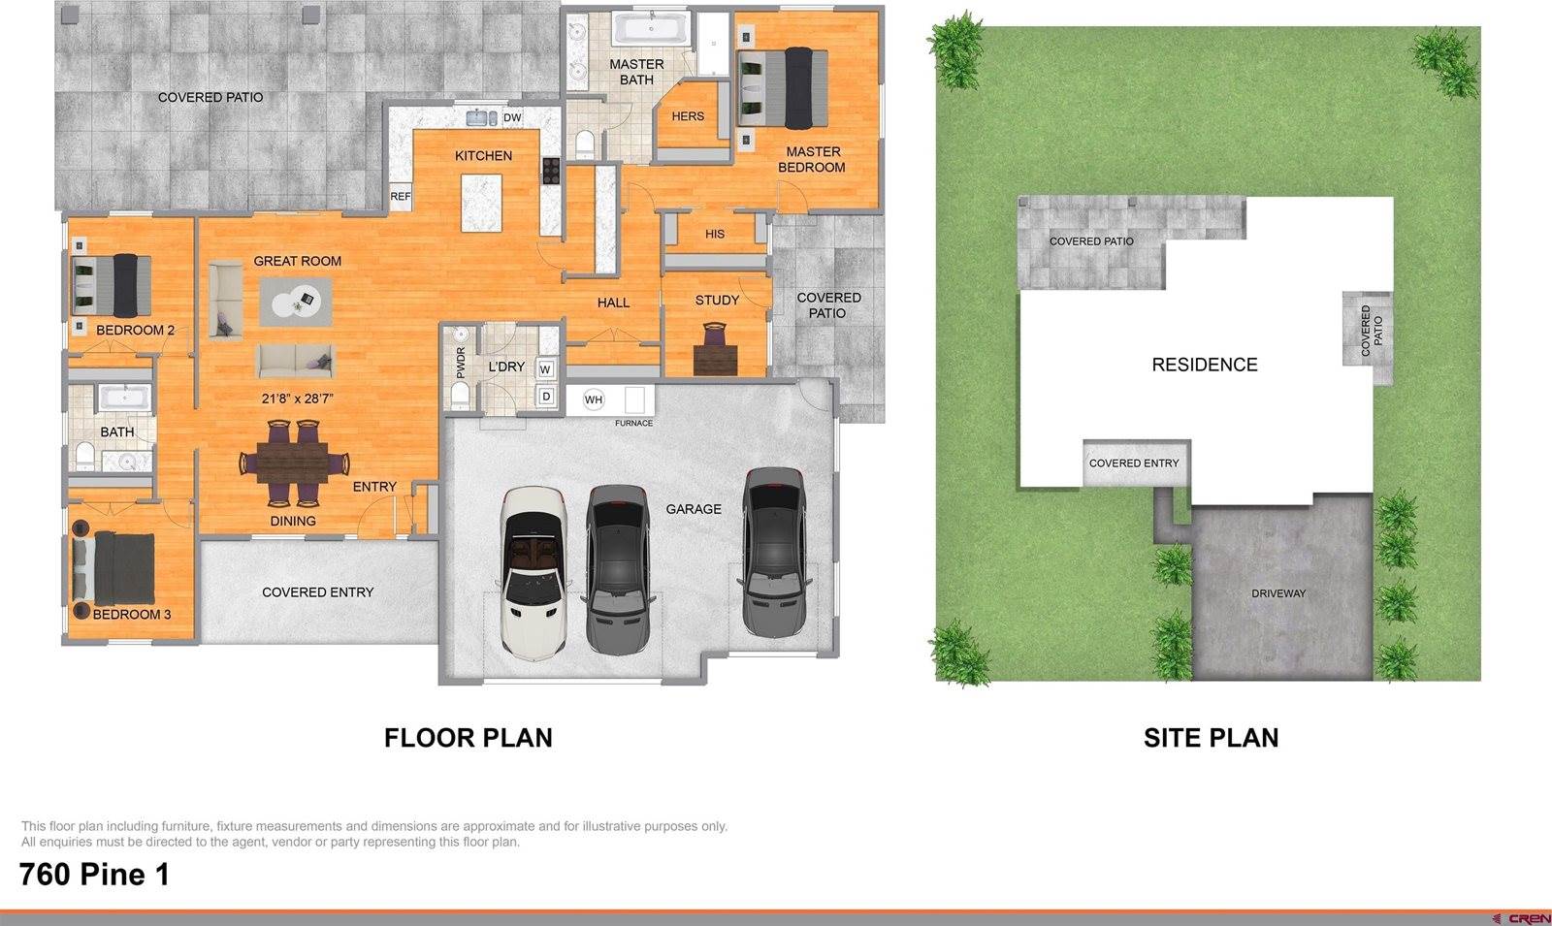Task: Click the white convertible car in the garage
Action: click(533, 571)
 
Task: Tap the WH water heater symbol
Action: click(593, 399)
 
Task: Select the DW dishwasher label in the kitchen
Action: click(512, 117)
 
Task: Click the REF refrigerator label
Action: click(401, 196)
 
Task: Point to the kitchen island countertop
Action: click(481, 203)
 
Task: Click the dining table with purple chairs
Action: click(294, 462)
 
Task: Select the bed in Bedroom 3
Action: click(114, 568)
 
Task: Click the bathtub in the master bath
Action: click(651, 29)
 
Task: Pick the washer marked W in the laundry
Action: click(546, 369)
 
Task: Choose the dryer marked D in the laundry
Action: click(546, 397)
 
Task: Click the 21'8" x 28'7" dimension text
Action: click(298, 399)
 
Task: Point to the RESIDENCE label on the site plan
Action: click(1204, 365)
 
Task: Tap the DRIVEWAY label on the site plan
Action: click(1278, 593)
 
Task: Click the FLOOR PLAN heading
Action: click(469, 738)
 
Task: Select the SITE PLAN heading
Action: click(1212, 738)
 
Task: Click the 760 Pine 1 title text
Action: click(94, 874)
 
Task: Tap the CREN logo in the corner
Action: click(1523, 919)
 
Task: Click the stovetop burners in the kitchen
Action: click(551, 171)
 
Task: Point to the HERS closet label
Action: click(688, 116)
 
